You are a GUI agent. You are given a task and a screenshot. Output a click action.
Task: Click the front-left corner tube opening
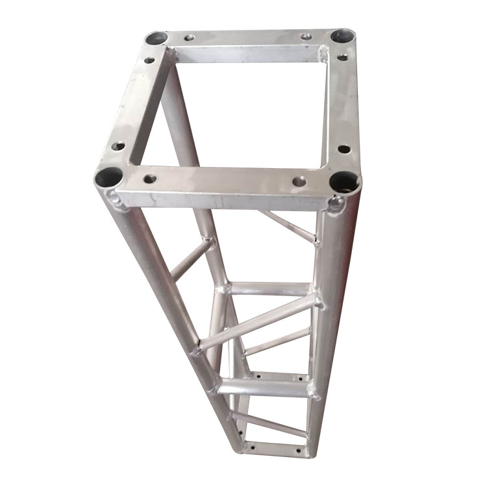108,176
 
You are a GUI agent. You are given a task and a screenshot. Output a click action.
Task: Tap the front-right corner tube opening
343,182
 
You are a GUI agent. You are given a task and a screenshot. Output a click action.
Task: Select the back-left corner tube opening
156,38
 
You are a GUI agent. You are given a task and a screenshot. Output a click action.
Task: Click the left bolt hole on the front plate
150,178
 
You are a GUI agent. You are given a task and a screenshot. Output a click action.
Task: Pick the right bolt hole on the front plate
299,181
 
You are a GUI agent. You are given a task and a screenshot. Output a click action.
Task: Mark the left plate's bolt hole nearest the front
118,146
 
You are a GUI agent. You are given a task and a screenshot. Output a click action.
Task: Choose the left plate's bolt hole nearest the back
149,60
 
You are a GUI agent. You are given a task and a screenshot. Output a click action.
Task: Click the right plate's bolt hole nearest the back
342,58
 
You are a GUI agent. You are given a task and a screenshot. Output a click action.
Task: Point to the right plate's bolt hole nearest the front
344,149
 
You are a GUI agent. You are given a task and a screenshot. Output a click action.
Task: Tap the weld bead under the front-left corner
118,203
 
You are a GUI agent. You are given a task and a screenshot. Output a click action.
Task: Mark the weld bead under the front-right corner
336,206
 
